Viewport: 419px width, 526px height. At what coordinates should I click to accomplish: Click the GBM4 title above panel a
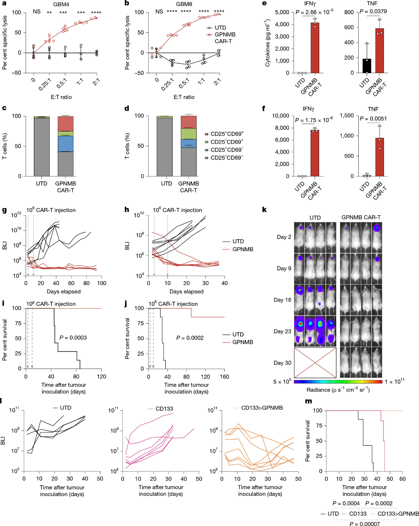[x=61, y=4]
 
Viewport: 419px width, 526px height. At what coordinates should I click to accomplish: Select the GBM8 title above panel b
[x=184, y=4]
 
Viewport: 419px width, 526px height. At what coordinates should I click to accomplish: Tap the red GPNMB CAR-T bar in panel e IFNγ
[x=315, y=48]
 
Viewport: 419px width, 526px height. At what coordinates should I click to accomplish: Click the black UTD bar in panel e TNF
[x=367, y=66]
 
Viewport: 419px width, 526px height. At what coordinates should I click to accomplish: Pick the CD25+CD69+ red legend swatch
[x=206, y=134]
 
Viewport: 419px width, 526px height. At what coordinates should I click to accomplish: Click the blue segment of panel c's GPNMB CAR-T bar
[x=66, y=144]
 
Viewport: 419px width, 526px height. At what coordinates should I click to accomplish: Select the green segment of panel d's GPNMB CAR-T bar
[x=189, y=134]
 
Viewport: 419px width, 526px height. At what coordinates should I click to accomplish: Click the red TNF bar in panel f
[x=380, y=157]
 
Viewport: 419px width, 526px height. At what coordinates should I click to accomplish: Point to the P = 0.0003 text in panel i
[x=73, y=338]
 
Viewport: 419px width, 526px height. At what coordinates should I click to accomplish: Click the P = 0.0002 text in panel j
[x=190, y=338]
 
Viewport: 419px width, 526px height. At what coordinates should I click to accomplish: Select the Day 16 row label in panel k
[x=282, y=300]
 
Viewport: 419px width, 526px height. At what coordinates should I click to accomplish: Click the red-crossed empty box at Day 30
[x=315, y=363]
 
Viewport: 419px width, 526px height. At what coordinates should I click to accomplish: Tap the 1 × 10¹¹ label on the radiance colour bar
[x=394, y=381]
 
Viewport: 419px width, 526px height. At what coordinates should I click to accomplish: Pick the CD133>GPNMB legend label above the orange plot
[x=262, y=408]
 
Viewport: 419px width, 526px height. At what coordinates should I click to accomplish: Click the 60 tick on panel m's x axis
[x=402, y=479]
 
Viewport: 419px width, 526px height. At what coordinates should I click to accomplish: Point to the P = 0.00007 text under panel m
[x=365, y=523]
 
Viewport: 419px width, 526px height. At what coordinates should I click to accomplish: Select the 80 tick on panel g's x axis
[x=86, y=283]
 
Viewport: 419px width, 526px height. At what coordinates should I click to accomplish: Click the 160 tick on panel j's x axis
[x=224, y=377]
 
